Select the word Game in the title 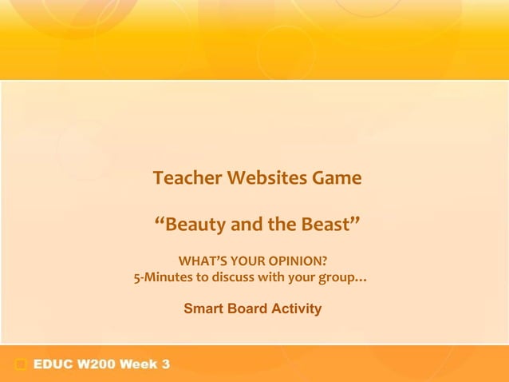pyautogui.click(x=337, y=177)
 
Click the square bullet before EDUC pyautogui.click(x=21, y=365)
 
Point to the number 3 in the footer pyautogui.click(x=165, y=365)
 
